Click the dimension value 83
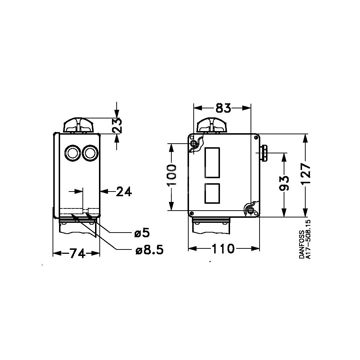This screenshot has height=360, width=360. point(223,108)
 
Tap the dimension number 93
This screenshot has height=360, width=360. point(284,184)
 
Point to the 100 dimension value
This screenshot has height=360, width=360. point(172,175)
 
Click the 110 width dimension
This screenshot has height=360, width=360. point(223,249)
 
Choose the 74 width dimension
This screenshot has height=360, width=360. point(77,254)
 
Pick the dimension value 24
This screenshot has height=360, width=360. point(124,192)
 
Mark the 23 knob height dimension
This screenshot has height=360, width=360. point(117,126)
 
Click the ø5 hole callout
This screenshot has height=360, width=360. point(142,233)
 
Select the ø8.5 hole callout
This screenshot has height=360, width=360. point(149,250)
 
